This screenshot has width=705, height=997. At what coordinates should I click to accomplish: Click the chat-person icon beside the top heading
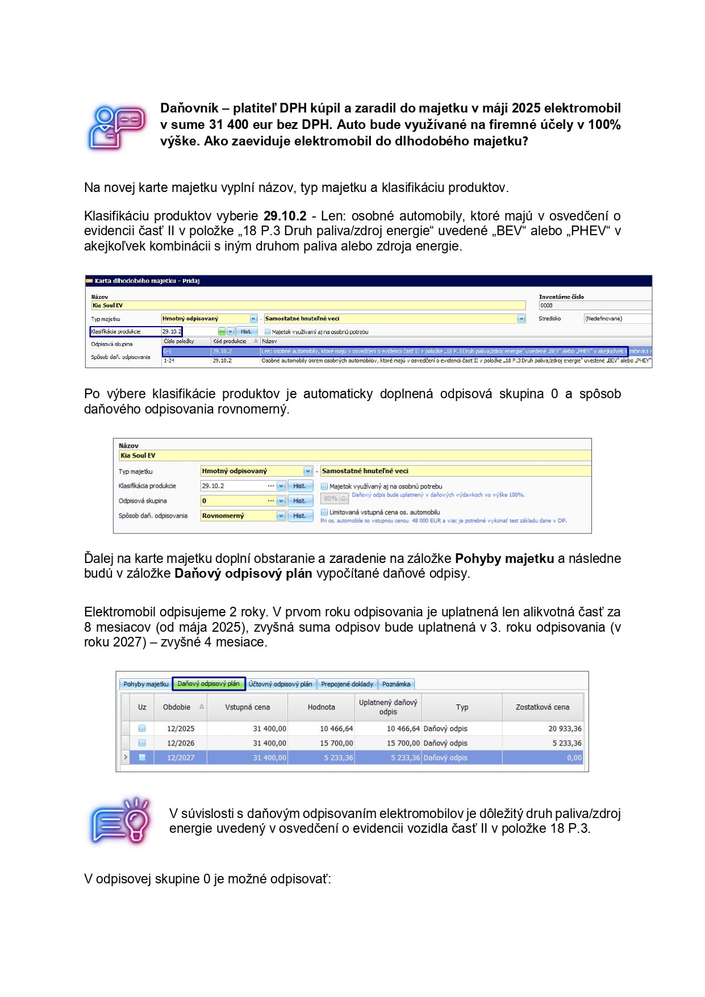pyautogui.click(x=116, y=127)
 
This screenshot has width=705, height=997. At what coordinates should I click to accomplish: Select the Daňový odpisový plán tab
pyautogui.click(x=208, y=683)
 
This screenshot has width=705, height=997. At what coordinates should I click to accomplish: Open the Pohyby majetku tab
pyautogui.click(x=145, y=684)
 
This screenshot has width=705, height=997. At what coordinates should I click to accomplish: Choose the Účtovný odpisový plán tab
pyautogui.click(x=280, y=684)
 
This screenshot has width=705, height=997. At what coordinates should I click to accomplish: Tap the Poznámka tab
pyautogui.click(x=396, y=684)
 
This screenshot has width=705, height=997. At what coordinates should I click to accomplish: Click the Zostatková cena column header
pyautogui.click(x=542, y=707)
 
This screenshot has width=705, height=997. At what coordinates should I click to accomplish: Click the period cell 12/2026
pyautogui.click(x=181, y=743)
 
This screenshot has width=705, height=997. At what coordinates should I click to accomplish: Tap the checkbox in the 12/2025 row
pyautogui.click(x=142, y=728)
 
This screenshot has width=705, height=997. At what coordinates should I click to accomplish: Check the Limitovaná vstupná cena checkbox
pyautogui.click(x=324, y=512)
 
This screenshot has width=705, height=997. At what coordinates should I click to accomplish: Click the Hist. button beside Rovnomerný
pyautogui.click(x=299, y=516)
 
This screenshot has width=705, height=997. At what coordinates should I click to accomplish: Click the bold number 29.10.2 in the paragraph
pyautogui.click(x=285, y=216)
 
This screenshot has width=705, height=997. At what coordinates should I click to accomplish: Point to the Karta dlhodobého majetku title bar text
pyautogui.click(x=147, y=281)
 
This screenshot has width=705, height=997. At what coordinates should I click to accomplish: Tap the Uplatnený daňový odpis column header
pyautogui.click(x=388, y=707)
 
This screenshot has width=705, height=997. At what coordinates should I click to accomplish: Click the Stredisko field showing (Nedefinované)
pyautogui.click(x=616, y=319)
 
